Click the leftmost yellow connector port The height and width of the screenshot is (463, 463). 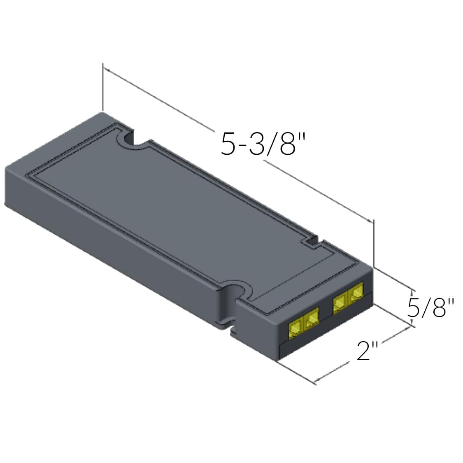coord(295,330)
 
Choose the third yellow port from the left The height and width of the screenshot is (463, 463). coord(340,304)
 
